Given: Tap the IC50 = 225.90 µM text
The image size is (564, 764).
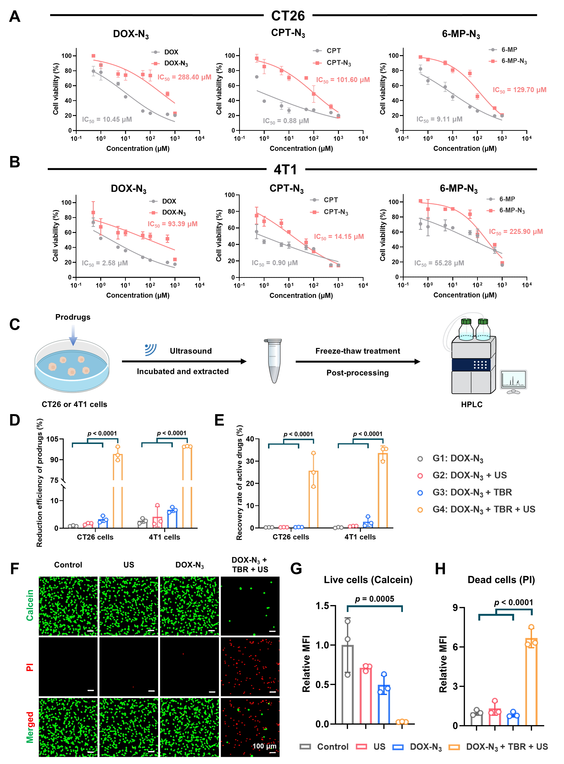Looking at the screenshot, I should [x=516, y=232].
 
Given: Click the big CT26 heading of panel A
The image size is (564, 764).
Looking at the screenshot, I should [x=288, y=16].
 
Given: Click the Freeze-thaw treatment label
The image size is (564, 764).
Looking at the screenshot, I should [x=358, y=351].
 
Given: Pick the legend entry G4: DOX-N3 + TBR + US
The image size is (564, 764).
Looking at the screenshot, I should [x=483, y=509].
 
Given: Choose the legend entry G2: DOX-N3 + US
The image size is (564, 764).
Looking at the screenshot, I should [x=469, y=475].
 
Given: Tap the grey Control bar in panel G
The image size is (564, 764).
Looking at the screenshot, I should [x=348, y=685].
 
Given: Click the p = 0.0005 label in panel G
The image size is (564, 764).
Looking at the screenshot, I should [x=374, y=599].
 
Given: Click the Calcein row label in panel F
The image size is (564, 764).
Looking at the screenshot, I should [x=30, y=605].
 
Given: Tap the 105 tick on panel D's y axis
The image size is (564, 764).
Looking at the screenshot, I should [x=52, y=439].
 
